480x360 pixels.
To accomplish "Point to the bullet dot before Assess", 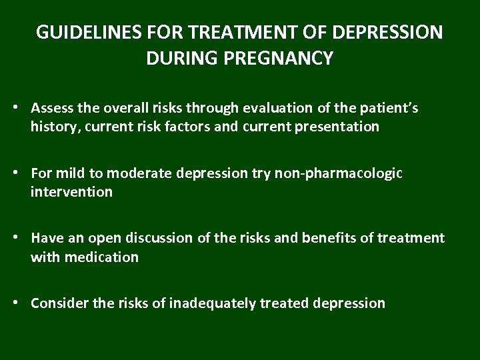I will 22,107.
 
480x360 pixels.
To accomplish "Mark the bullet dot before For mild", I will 22,173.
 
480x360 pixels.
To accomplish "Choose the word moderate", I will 140,173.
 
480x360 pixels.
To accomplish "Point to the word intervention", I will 71,192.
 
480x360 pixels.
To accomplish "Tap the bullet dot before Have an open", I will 22,238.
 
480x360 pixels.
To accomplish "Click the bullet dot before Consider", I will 22,303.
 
